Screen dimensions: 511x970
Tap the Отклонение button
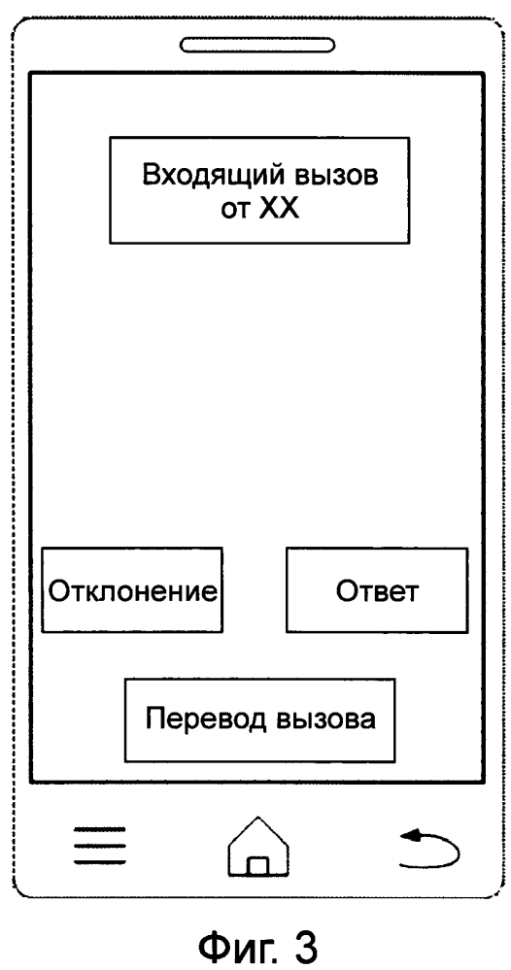tap(132, 589)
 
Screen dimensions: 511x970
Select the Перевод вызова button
tap(259, 720)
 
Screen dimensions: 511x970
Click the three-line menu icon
tap(100, 845)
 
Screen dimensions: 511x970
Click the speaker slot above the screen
tap(257, 45)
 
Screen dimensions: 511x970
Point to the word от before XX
tap(235, 211)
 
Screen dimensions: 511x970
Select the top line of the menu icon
tap(100, 828)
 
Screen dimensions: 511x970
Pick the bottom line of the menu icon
tap(100, 862)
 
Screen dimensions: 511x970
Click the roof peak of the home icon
tap(258, 818)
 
